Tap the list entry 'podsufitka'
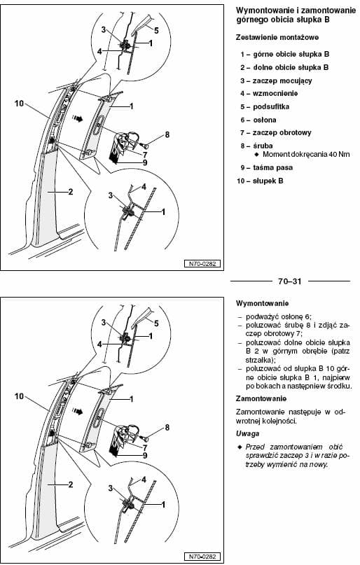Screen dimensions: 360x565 pyautogui.click(x=265, y=106)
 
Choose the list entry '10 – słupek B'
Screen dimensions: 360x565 pyautogui.click(x=260, y=181)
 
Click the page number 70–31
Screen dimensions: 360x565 pyautogui.click(x=290, y=281)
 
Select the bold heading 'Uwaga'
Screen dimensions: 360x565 pyautogui.click(x=247, y=433)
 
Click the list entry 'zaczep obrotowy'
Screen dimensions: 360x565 pyautogui.click(x=276, y=132)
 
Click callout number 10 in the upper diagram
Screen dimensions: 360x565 pyautogui.click(x=19, y=104)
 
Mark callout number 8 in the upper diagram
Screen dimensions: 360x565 pyautogui.click(x=167, y=134)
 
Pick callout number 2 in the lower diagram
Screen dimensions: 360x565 pyautogui.click(x=71, y=484)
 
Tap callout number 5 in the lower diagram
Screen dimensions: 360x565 pyautogui.click(x=156, y=323)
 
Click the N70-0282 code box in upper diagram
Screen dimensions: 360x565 pyautogui.click(x=202, y=264)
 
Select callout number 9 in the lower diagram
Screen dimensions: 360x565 pyautogui.click(x=145, y=456)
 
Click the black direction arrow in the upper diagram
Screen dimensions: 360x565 pyautogui.click(x=77, y=118)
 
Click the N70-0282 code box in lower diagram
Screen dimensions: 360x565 pyautogui.click(x=202, y=557)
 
